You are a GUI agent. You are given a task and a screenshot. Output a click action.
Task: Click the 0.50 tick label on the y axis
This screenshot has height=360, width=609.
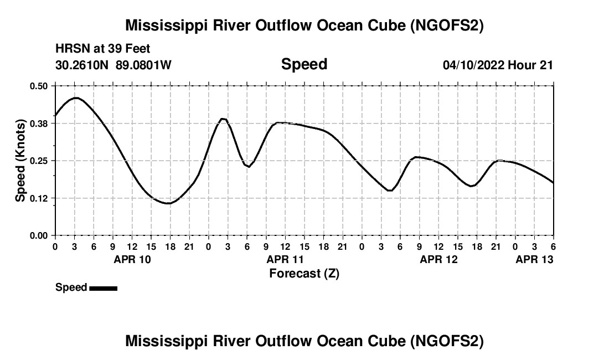tap(39, 86)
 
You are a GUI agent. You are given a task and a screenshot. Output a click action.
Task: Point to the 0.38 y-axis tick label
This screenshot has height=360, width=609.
tap(39, 124)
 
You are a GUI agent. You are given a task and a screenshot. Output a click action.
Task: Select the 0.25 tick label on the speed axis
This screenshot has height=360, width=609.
tap(39, 161)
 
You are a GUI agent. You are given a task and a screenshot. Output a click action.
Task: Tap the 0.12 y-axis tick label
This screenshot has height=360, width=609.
tap(39, 198)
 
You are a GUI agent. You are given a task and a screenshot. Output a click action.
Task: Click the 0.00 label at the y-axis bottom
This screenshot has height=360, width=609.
tap(39, 235)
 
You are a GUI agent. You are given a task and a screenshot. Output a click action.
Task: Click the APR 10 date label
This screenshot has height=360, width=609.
tap(132, 259)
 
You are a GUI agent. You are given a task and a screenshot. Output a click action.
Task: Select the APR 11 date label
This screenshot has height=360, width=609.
tap(285, 259)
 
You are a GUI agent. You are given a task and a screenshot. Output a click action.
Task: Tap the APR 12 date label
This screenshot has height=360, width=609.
tap(438, 259)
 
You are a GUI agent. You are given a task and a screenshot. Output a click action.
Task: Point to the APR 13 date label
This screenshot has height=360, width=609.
tap(534, 259)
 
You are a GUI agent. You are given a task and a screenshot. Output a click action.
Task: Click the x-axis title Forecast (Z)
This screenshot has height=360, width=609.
tap(304, 273)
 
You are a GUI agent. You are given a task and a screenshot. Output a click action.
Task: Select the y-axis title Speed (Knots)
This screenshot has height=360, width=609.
tap(20, 161)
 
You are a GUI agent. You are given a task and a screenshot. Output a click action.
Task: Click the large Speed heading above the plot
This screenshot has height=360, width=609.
tap(304, 64)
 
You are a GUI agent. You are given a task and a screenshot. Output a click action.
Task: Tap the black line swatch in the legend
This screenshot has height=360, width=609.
tap(103, 288)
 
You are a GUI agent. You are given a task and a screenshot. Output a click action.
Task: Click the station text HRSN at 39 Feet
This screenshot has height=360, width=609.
tap(102, 49)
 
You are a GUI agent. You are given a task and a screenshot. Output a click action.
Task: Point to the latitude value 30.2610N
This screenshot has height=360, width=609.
tap(82, 65)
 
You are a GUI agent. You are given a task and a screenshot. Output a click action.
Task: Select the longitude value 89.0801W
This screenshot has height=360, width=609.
tap(143, 65)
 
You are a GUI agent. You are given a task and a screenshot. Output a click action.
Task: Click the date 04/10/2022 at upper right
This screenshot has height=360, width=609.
tap(473, 65)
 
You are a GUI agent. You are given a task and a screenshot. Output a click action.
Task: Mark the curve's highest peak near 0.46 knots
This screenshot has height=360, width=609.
tap(76, 97)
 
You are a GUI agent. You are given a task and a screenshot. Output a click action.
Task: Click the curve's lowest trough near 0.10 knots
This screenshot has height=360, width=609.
tap(168, 203)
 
